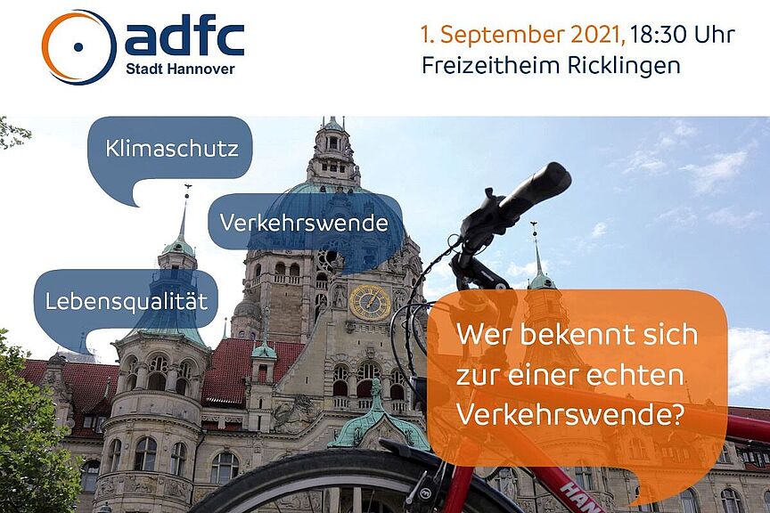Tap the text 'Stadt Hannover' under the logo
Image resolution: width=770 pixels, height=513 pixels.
tap(180, 69)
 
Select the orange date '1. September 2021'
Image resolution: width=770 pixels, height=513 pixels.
tap(523, 36)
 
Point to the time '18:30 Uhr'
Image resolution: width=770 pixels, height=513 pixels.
tap(683, 35)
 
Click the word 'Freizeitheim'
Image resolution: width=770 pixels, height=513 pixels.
tap(490, 66)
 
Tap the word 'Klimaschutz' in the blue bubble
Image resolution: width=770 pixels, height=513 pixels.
tap(172, 149)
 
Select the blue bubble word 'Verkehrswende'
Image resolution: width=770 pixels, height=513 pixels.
tap(304, 223)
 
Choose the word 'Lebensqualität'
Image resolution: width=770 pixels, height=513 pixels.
tap(127, 301)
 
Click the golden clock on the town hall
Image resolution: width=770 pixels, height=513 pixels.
tap(370, 302)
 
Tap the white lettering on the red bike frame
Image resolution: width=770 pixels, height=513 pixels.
tap(579, 498)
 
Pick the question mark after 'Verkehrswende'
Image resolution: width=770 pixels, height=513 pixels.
tap(676, 414)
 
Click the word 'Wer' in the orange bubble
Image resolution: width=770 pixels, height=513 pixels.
tap(484, 335)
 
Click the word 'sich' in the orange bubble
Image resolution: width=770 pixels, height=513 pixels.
tap(674, 334)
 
